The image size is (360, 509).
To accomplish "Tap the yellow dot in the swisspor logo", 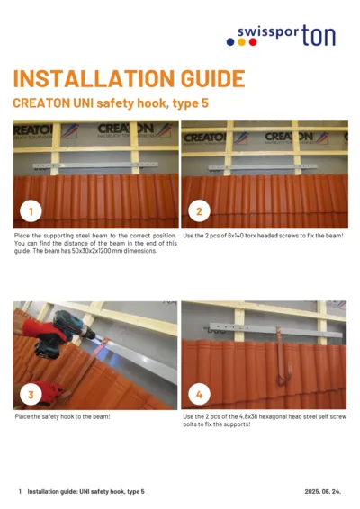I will click(x=240, y=41).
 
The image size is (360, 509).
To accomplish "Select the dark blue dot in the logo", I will click(x=253, y=41).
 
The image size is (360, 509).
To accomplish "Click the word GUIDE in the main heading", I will click(x=202, y=78).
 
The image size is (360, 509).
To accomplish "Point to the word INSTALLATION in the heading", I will click(x=85, y=78).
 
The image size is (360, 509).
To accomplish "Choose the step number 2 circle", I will click(x=198, y=212).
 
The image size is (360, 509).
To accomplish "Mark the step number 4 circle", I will click(x=198, y=394).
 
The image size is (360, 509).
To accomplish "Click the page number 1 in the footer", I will click(x=20, y=492).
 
